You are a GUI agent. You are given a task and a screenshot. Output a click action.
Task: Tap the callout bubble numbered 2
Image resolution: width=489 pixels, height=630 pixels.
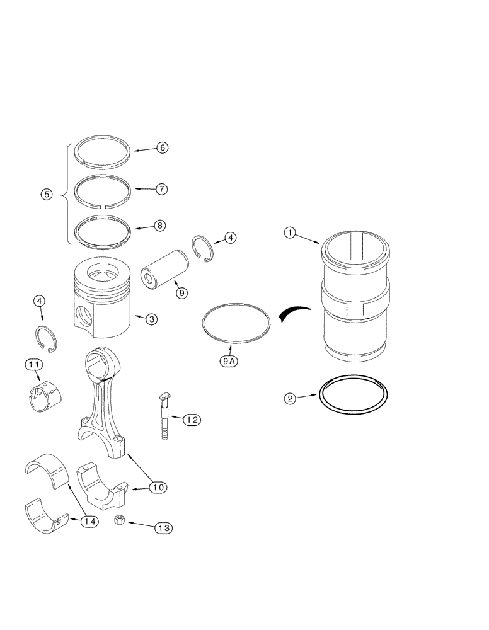pos(289,398)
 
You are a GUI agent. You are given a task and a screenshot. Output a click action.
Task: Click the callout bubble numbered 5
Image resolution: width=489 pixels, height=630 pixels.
pos(47,195)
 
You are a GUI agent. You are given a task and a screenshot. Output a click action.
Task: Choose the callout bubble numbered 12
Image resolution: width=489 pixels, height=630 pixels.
pos(192,418)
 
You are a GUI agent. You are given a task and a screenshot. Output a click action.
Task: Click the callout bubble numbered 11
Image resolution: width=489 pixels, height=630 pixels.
pos(34,364)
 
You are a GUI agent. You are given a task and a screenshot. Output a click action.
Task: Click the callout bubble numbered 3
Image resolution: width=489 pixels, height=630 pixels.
pos(151,319)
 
